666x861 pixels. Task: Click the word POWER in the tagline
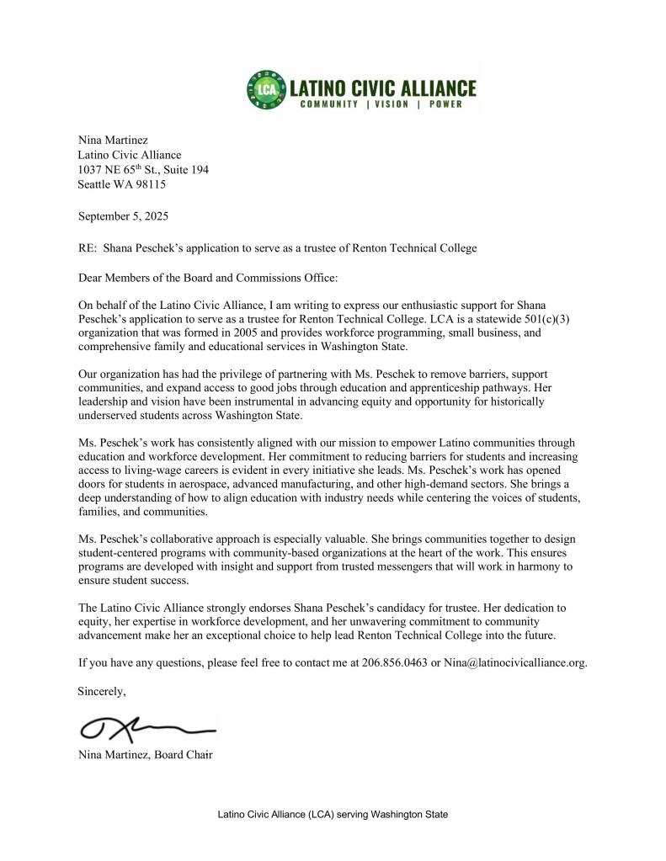pyautogui.click(x=452, y=105)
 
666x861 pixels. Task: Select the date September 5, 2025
pyautogui.click(x=123, y=216)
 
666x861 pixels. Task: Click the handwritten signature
pyautogui.click(x=143, y=725)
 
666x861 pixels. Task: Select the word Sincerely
pyautogui.click(x=102, y=691)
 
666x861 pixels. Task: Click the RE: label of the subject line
pyautogui.click(x=87, y=247)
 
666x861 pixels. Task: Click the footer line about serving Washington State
pyautogui.click(x=333, y=815)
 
